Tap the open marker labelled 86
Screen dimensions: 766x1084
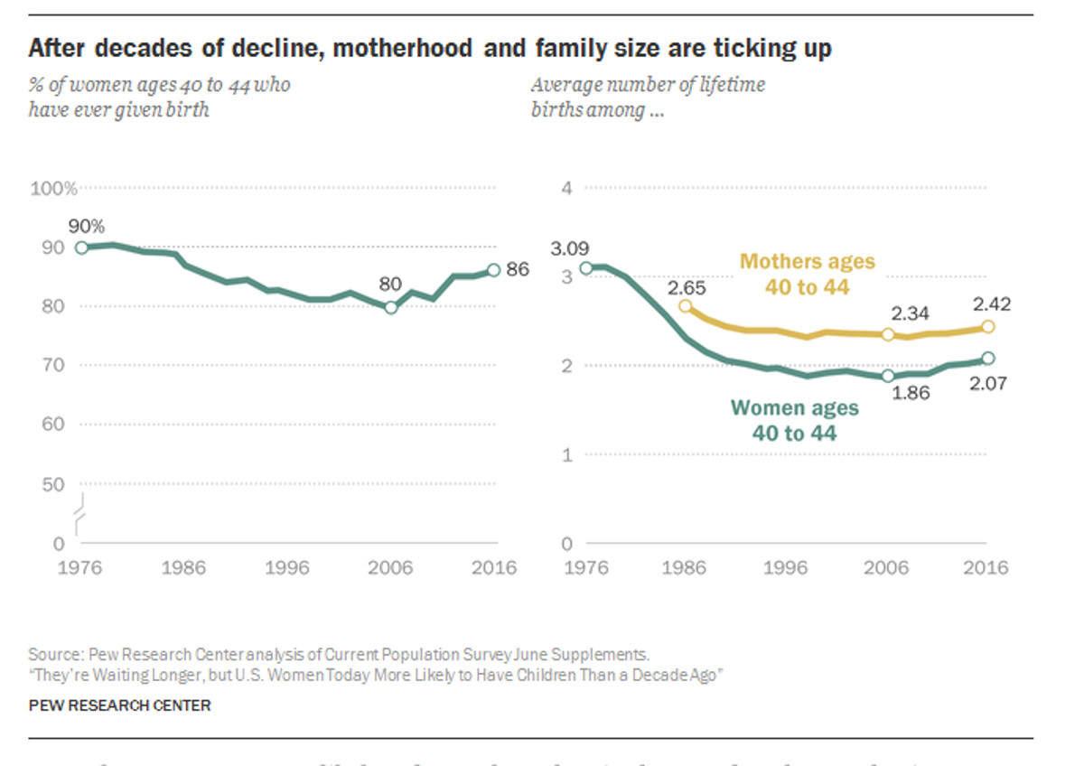tap(493, 269)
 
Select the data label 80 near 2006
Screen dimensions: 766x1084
tap(390, 285)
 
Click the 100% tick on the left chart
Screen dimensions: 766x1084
tap(53, 188)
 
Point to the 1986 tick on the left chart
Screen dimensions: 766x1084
tap(184, 568)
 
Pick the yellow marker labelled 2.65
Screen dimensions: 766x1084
tap(686, 306)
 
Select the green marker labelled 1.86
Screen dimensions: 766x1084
tap(888, 376)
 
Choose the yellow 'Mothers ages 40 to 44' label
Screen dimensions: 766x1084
tap(807, 274)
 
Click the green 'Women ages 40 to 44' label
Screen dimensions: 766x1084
tap(795, 420)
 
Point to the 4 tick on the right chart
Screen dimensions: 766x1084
tap(566, 188)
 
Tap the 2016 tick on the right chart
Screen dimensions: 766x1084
tap(986, 568)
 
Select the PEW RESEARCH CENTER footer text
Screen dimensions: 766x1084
tap(119, 705)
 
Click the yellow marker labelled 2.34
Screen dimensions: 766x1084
tap(888, 334)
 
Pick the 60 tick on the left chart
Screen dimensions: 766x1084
tap(53, 425)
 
